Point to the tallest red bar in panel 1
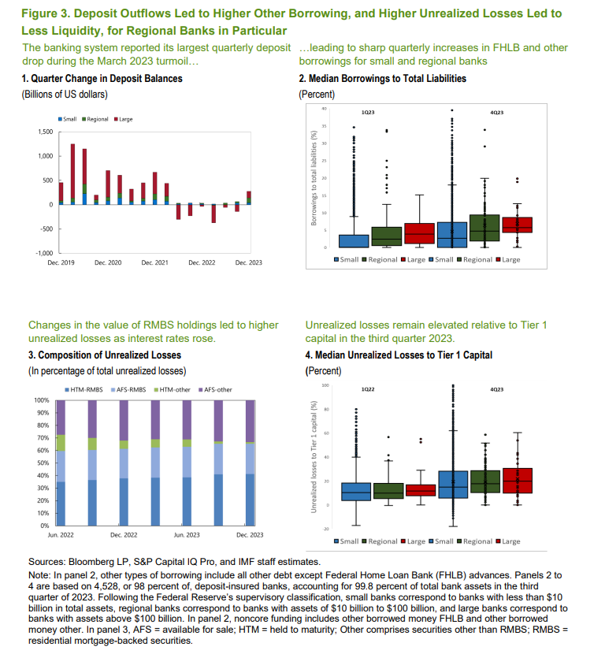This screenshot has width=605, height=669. (x=73, y=173)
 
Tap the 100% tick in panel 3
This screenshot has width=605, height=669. (x=42, y=401)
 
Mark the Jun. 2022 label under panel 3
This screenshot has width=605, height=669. (x=62, y=535)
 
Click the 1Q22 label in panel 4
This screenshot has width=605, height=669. (x=368, y=389)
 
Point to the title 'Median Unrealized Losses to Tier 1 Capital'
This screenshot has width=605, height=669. (x=401, y=355)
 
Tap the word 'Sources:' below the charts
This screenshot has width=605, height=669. (x=48, y=562)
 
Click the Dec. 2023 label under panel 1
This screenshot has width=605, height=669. (x=249, y=262)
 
